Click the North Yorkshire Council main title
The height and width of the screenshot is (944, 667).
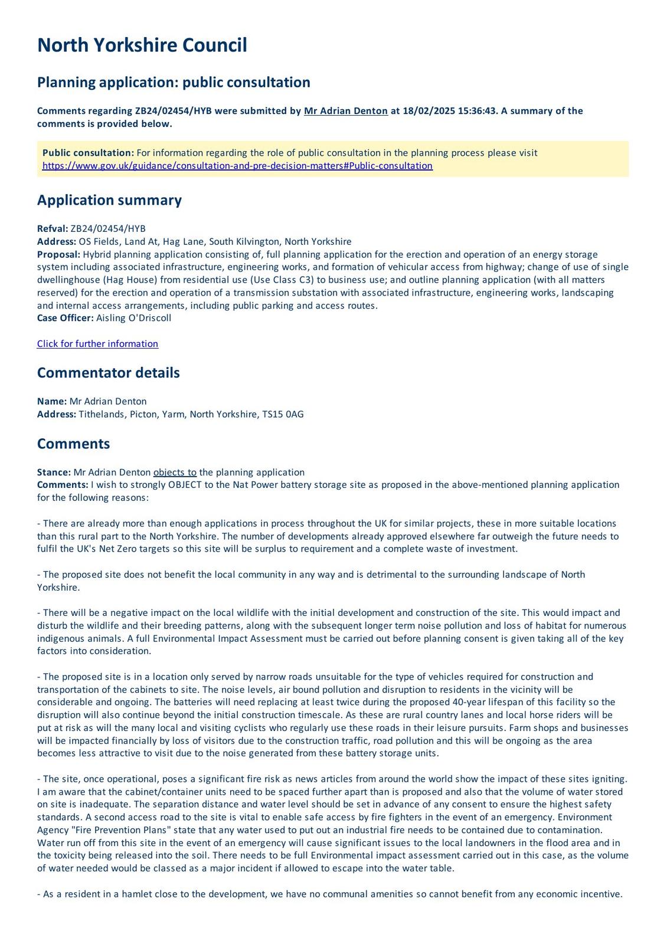142,45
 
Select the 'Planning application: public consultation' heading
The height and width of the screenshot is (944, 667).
174,82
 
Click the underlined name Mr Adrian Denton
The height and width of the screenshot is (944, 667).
345,111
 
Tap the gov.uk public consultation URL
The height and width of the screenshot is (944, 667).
237,166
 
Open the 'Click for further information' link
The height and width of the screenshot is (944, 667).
97,344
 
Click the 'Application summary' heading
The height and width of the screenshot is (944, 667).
109,200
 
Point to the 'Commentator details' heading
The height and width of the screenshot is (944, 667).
108,373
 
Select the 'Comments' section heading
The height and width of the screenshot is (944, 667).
73,444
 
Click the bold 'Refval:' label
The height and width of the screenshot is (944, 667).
53,229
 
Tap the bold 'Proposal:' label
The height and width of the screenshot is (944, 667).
58,254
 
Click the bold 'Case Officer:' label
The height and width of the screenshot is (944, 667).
65,318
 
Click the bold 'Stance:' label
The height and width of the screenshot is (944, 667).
54,472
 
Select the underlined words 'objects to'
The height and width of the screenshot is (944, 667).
175,472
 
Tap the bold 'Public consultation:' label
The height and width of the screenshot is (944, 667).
88,153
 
